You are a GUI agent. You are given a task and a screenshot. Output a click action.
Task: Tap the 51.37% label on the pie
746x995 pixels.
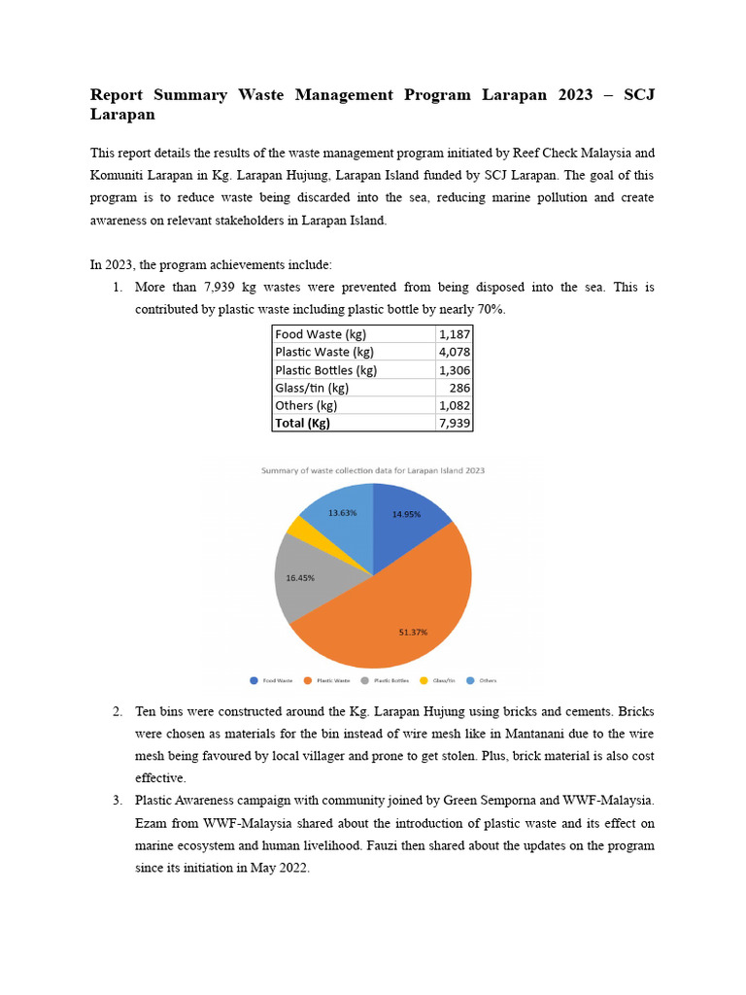click(413, 632)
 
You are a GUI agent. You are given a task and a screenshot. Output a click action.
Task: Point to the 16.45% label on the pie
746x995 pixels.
click(300, 577)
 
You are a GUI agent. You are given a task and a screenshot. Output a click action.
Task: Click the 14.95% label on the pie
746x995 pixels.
click(406, 514)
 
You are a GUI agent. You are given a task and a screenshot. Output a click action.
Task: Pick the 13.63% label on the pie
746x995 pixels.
click(342, 512)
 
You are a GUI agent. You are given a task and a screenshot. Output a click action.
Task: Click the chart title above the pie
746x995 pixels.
click(373, 470)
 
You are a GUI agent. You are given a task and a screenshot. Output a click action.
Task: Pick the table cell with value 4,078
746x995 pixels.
click(454, 352)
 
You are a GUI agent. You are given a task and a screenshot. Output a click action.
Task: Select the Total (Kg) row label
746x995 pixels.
click(302, 423)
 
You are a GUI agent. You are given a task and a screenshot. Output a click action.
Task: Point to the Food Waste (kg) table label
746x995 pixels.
click(321, 334)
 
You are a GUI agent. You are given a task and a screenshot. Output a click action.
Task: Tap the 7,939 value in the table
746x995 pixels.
click(454, 423)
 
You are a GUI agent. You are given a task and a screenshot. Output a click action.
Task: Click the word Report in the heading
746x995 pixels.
click(116, 95)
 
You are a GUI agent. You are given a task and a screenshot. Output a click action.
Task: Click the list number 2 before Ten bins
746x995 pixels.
click(117, 712)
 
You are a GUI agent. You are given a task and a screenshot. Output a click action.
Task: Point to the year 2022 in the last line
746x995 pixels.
click(291, 868)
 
